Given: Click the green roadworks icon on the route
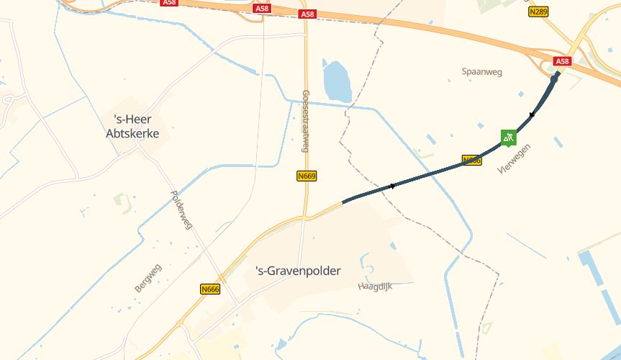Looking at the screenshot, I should [509, 137].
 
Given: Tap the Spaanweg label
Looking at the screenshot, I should [481, 72].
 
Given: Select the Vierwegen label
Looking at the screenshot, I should [514, 159].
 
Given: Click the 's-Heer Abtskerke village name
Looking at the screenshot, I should [132, 126].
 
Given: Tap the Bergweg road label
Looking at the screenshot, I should [148, 278].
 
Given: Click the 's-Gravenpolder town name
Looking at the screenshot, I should [298, 271].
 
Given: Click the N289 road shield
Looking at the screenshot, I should [538, 12].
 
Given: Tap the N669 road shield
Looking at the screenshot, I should [307, 176].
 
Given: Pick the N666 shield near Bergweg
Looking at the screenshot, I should [210, 289].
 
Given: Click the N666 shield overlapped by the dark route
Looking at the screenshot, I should [471, 160].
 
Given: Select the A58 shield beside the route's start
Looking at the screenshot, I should [562, 61].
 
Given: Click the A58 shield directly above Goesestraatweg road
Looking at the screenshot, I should [307, 14].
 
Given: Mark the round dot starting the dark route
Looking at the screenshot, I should [555, 78].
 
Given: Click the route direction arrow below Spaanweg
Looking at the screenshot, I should [532, 114].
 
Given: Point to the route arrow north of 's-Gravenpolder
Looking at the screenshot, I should [392, 187].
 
